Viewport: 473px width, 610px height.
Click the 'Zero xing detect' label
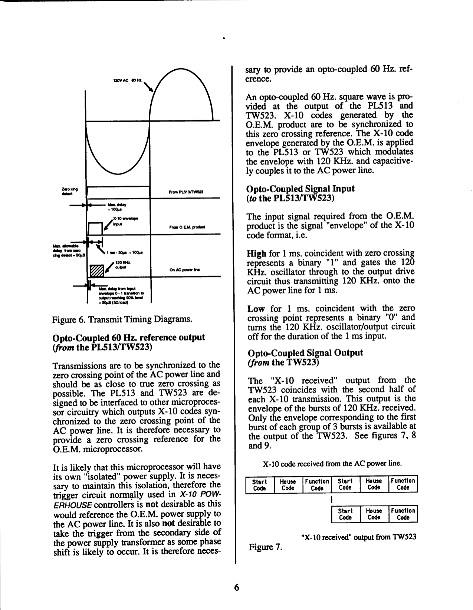click(69, 191)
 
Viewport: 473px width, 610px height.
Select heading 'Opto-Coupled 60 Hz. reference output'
click(129, 337)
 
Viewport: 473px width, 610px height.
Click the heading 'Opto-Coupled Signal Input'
click(301, 188)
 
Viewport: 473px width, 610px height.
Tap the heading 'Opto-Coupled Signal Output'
click(305, 352)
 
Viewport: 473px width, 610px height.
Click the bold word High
click(257, 254)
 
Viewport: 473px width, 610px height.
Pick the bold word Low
click(256, 309)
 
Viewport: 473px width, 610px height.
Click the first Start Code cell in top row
click(260, 485)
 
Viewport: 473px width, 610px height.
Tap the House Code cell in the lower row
click(374, 514)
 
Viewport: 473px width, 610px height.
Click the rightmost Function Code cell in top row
click(403, 484)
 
